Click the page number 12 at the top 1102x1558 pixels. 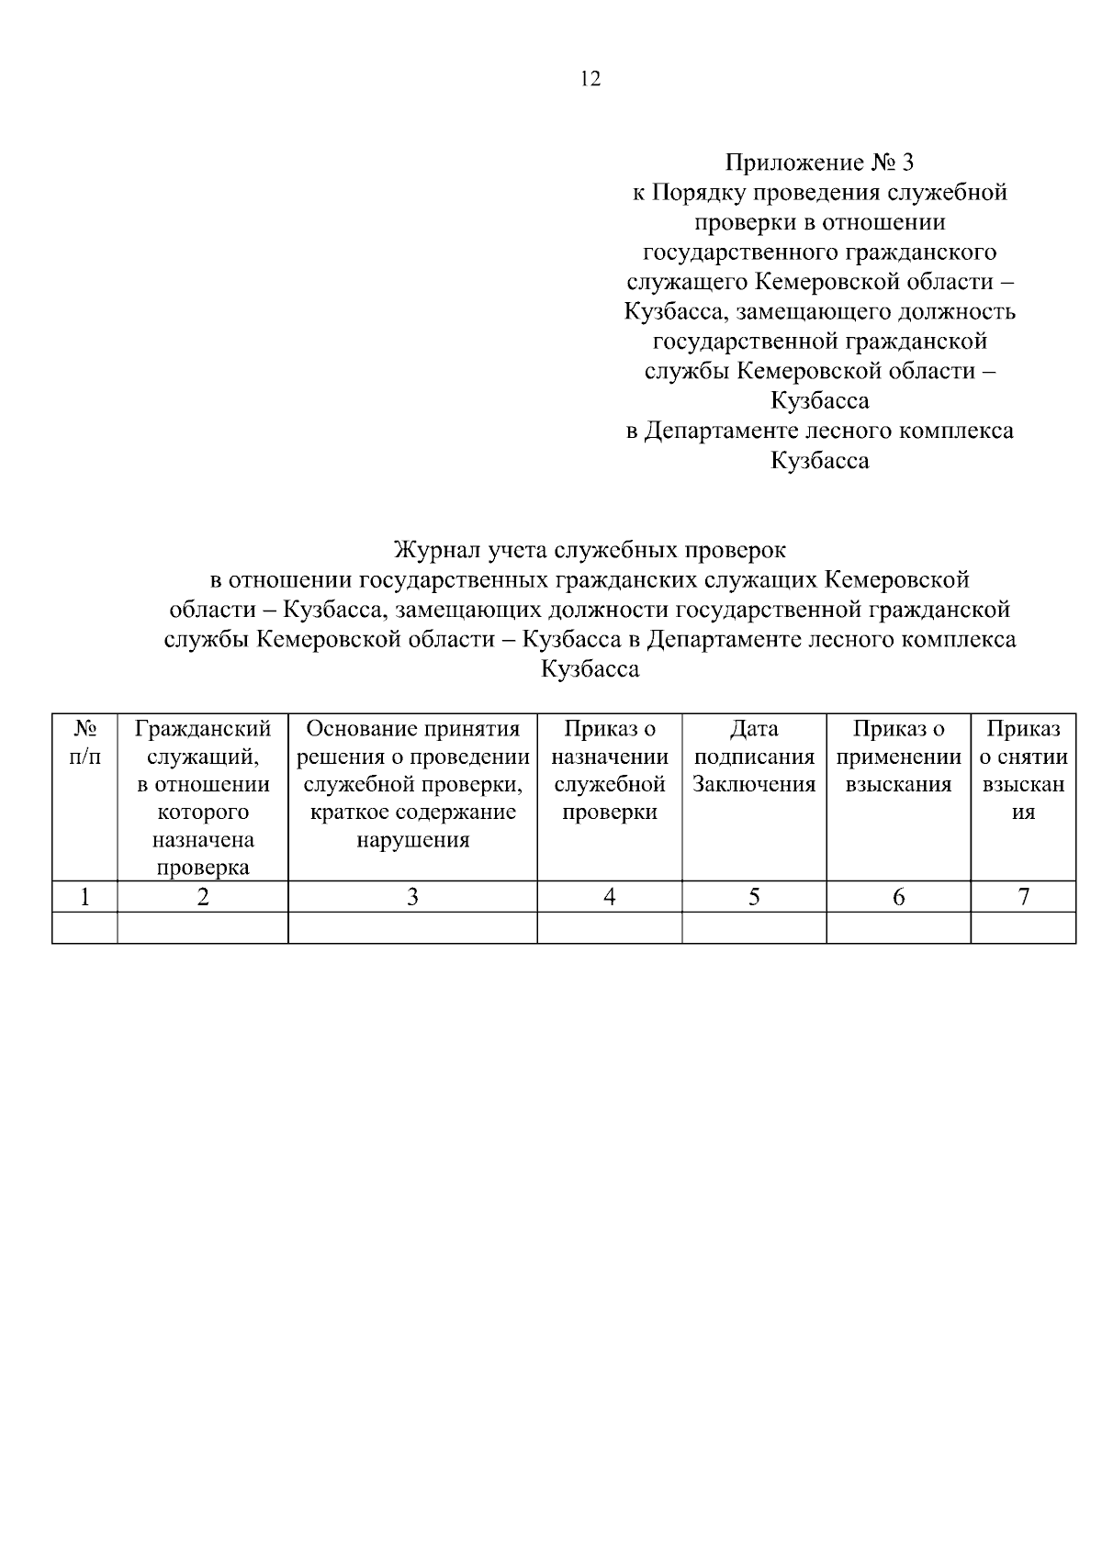[590, 79]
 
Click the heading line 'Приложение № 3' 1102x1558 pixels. [819, 163]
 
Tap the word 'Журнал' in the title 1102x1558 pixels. [436, 550]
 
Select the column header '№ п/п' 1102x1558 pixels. [84, 743]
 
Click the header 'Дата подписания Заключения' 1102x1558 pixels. [754, 757]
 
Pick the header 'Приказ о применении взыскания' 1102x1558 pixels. [898, 757]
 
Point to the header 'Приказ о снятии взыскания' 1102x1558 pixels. [1023, 770]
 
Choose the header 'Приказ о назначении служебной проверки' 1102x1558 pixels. [609, 770]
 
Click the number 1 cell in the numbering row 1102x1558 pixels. [84, 897]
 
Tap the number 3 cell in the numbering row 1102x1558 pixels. [412, 897]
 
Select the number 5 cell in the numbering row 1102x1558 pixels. [754, 897]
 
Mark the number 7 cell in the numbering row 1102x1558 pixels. [1023, 897]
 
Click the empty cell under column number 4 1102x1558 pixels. [609, 927]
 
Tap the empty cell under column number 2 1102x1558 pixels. [203, 927]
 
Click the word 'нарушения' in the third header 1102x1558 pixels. [412, 840]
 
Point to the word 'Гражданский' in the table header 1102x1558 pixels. [203, 729]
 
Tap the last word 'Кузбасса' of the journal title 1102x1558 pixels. [590, 669]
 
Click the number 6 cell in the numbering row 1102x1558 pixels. [898, 897]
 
